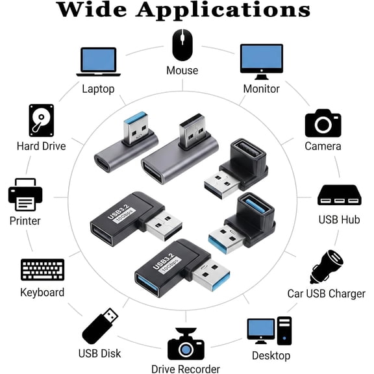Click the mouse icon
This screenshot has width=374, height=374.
182,45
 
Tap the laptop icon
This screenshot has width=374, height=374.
99,62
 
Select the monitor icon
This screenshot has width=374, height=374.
262,62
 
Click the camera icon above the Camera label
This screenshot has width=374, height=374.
323,123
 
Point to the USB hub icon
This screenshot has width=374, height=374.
340,195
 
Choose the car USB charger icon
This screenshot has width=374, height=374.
327,267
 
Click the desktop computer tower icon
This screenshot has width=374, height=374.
284,331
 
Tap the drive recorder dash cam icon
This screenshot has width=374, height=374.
186,343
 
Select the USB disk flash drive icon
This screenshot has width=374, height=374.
100,326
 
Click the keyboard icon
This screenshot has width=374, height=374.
42,269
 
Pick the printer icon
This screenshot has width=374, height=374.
25,194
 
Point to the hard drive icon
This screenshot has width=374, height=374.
42,120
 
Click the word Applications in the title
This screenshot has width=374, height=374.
223,10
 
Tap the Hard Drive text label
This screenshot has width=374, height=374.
42,146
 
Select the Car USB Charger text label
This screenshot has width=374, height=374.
327,293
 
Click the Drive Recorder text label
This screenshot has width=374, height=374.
186,369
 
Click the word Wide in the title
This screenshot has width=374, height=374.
92,9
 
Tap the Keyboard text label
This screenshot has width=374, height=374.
42,292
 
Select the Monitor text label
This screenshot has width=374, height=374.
262,89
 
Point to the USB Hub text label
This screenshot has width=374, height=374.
339,219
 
